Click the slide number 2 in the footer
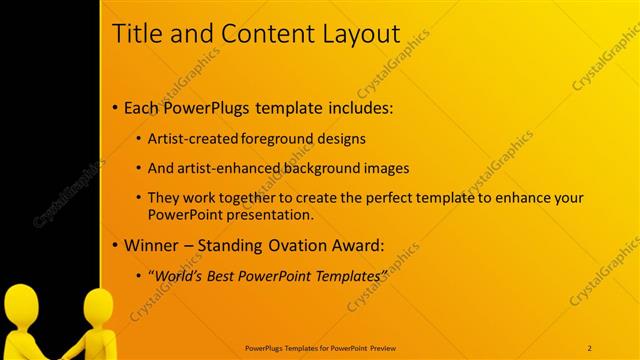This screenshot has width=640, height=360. [x=589, y=347]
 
